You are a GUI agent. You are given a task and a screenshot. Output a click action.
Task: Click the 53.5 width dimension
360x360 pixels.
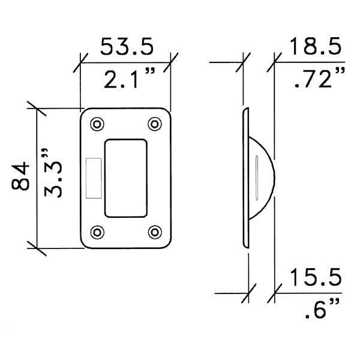coord(127,46)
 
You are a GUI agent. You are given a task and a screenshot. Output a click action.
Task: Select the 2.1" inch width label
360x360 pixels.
coord(128,78)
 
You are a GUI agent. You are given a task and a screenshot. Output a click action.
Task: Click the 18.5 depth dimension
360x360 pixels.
coord(315,46)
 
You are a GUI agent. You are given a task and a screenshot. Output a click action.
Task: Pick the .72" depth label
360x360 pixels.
coord(317,78)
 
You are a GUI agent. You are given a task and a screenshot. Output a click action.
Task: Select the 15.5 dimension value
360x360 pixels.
coord(315,278)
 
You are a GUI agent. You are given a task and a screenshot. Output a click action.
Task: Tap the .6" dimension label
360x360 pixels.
coord(318,311)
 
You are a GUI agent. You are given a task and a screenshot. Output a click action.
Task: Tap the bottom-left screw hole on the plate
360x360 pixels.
coord(96,232)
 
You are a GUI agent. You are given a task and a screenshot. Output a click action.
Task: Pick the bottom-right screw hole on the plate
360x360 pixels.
coord(154,232)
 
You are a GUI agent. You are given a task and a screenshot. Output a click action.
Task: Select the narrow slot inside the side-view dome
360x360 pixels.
coord(256,178)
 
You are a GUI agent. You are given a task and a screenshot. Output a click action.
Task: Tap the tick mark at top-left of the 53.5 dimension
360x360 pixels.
coord(82,60)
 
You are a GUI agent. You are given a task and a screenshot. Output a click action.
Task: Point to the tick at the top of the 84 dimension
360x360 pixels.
coord(37,109)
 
